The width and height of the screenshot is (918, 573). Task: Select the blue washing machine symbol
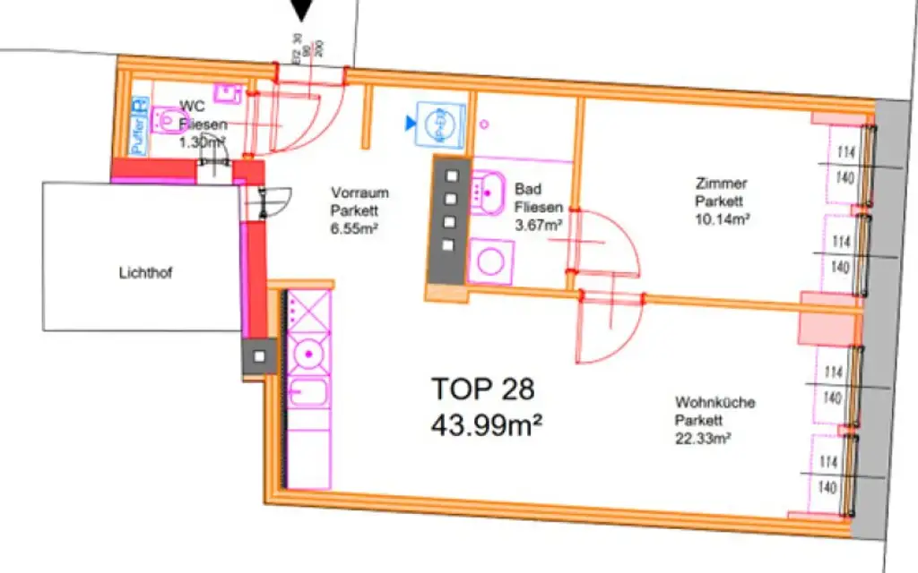(441, 123)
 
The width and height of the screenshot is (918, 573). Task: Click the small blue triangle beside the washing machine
(411, 122)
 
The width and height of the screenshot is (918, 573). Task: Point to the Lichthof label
(144, 274)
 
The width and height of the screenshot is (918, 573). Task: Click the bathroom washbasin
(488, 188)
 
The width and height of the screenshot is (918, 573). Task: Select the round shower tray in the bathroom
(490, 261)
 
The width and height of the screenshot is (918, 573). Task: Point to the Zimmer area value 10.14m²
(722, 218)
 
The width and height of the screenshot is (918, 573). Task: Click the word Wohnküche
(715, 403)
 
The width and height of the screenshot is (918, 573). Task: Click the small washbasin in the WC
(228, 92)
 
